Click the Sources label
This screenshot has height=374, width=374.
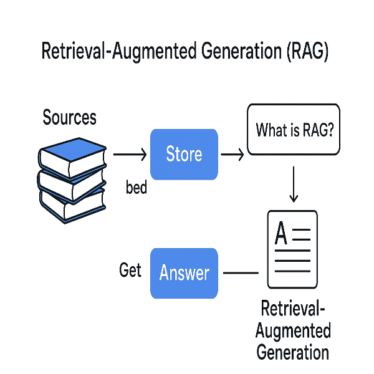point(70,117)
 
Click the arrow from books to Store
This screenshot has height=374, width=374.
point(129,154)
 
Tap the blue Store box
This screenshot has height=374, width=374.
point(184,154)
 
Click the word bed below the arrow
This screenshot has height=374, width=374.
point(137,187)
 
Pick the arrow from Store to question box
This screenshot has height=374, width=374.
point(233,154)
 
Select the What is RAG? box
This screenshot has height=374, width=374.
point(294,130)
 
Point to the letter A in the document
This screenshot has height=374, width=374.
point(281,235)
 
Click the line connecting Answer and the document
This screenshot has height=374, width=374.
point(241,273)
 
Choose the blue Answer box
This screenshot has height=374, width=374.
point(184,273)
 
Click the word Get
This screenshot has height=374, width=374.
point(130,271)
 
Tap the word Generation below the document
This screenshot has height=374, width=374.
point(292,352)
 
